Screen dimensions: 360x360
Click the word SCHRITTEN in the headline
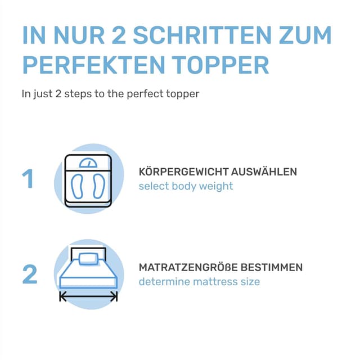[202, 35]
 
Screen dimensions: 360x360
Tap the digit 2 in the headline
[119, 35]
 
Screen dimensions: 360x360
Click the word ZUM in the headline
[305, 35]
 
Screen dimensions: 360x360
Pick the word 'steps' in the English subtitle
[78, 94]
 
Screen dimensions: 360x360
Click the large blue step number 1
[29, 179]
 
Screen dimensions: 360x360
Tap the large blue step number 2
[30, 274]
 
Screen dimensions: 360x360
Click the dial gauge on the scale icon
[88, 163]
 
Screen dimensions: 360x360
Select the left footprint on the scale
[77, 186]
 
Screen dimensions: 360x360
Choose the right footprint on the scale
[99, 186]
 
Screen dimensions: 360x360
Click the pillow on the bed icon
[88, 259]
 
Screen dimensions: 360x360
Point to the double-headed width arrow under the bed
[88, 296]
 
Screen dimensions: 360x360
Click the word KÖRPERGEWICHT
[184, 171]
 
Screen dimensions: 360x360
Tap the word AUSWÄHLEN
[264, 171]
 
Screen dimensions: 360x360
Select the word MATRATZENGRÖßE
[188, 267]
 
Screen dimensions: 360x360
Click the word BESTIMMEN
[272, 267]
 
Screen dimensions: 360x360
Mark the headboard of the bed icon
[88, 249]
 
